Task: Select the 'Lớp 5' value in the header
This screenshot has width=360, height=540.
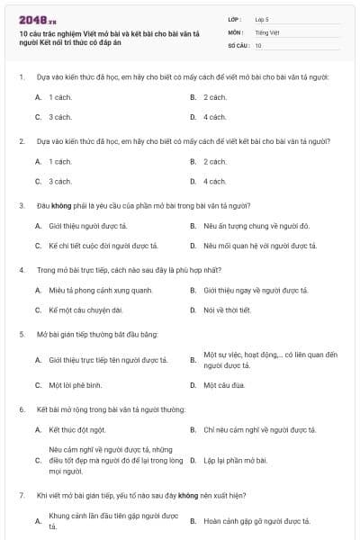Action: point(262,18)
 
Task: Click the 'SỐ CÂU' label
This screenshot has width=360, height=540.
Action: point(238,45)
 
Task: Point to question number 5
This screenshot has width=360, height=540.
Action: point(21,334)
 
